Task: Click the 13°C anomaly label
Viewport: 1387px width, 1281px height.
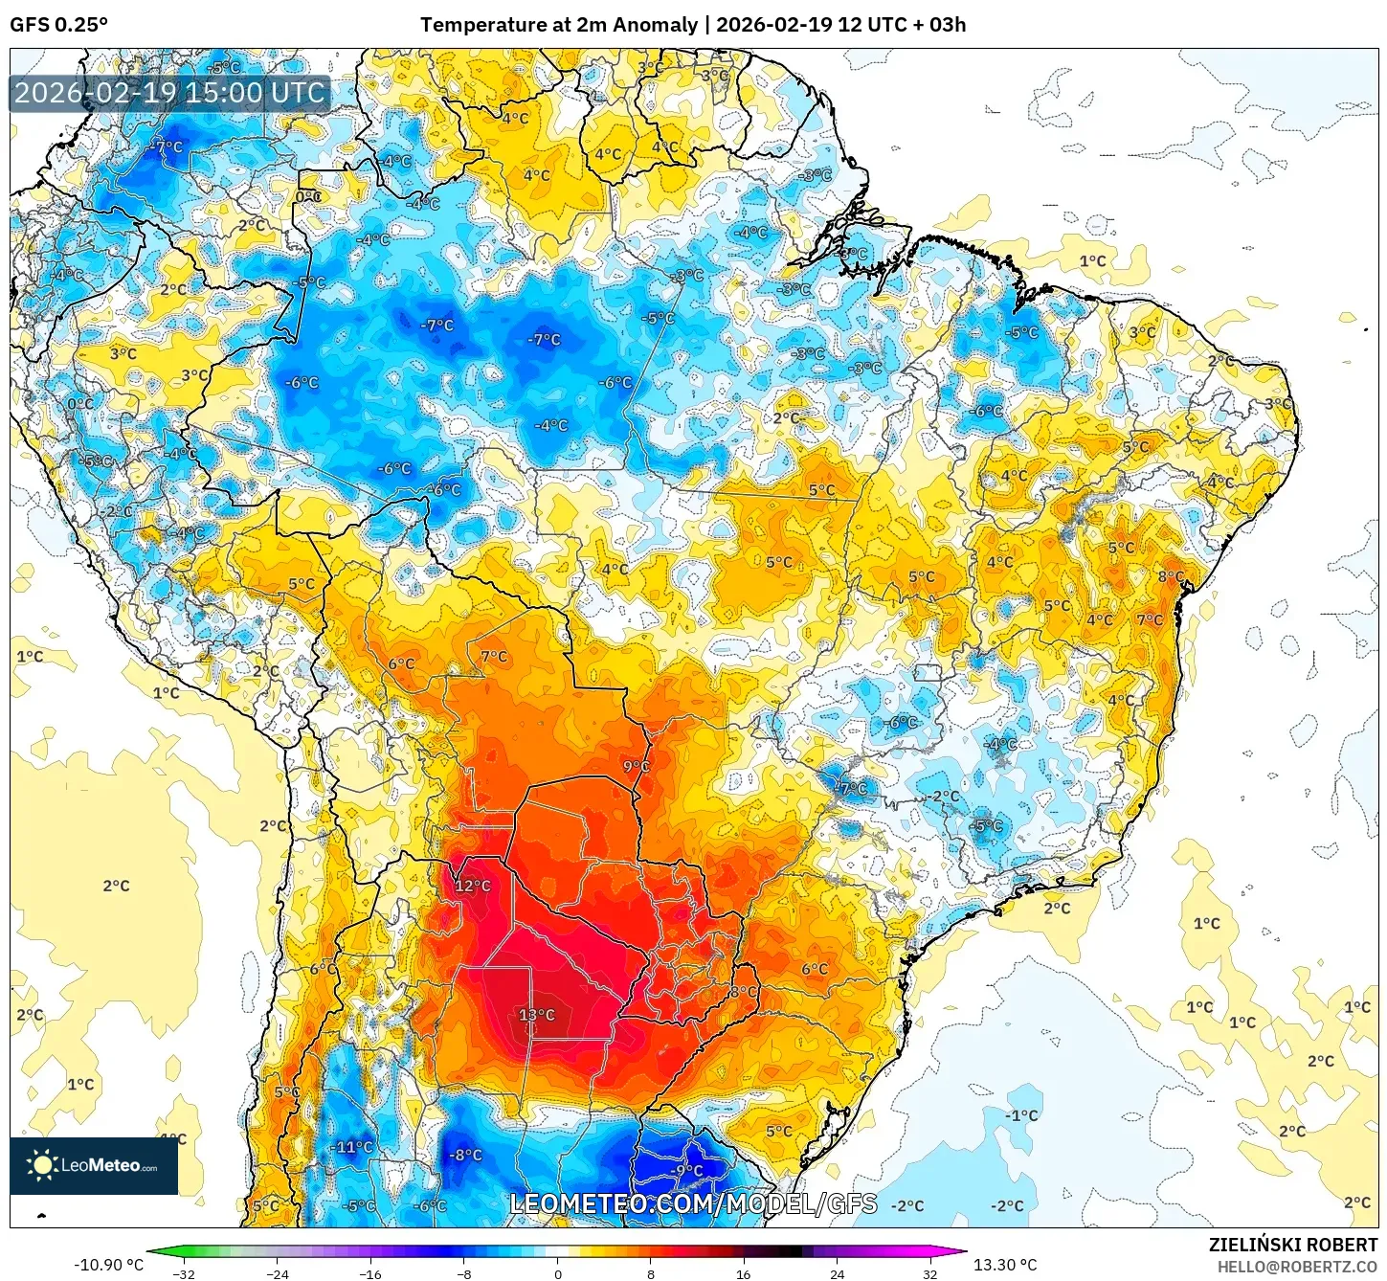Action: pyautogui.click(x=536, y=1015)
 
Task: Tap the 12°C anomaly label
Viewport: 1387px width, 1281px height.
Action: pyautogui.click(x=472, y=886)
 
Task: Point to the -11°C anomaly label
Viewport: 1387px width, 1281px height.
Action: pyautogui.click(x=352, y=1147)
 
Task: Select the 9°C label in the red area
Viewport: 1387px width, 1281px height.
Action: pyautogui.click(x=636, y=766)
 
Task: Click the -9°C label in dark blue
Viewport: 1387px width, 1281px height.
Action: pyautogui.click(x=686, y=1170)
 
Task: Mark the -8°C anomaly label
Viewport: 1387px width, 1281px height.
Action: pyautogui.click(x=465, y=1155)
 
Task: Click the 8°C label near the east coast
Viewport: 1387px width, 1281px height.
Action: pyautogui.click(x=1171, y=576)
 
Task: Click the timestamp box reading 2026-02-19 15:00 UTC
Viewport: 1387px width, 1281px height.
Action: pyautogui.click(x=170, y=93)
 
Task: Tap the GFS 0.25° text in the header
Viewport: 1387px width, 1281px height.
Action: pyautogui.click(x=59, y=25)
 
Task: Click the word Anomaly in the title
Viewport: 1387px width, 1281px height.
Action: pyautogui.click(x=655, y=25)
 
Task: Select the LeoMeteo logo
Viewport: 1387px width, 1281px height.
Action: pyautogui.click(x=94, y=1165)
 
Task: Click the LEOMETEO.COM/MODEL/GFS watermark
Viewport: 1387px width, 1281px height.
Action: pyautogui.click(x=693, y=1203)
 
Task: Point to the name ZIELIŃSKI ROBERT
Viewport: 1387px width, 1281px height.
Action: pyautogui.click(x=1292, y=1245)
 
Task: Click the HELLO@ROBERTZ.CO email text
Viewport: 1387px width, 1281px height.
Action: pyautogui.click(x=1297, y=1267)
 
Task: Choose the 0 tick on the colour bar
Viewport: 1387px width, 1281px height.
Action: pyautogui.click(x=557, y=1273)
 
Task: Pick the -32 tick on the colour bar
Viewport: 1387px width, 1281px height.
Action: pyautogui.click(x=183, y=1273)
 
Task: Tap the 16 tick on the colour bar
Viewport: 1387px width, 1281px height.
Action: pyautogui.click(x=743, y=1273)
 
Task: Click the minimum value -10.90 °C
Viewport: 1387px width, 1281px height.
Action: pyautogui.click(x=108, y=1265)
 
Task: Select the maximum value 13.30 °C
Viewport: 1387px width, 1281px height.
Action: pyautogui.click(x=1005, y=1265)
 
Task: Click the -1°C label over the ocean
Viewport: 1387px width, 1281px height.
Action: pyautogui.click(x=1021, y=1115)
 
